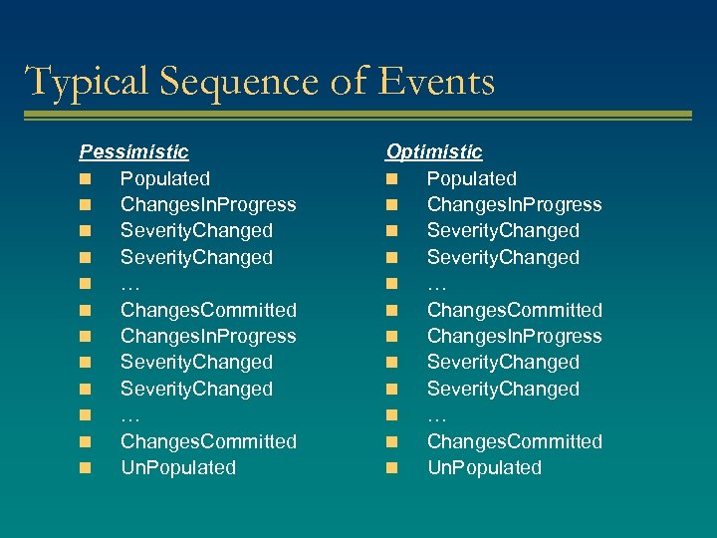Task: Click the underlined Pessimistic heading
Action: coord(133,152)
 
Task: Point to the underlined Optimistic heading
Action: coord(434,152)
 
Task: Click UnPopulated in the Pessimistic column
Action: coord(178,467)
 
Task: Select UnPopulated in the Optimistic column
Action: coord(484,467)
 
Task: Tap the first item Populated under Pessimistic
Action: coord(165,179)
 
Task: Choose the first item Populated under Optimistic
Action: coord(472,179)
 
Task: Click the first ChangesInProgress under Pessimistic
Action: coord(208,205)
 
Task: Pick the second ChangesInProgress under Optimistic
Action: coord(515,337)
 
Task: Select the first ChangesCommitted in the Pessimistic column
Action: coord(208,311)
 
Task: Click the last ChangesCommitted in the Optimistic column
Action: coord(515,441)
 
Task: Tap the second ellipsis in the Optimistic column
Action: coord(436,415)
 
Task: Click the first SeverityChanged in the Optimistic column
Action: coord(503,231)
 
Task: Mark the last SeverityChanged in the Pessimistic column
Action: coord(196,390)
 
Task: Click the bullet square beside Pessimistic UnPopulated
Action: coord(87,467)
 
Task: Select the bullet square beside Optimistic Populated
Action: coord(393,179)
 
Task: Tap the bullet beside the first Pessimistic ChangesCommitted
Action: coord(87,311)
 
